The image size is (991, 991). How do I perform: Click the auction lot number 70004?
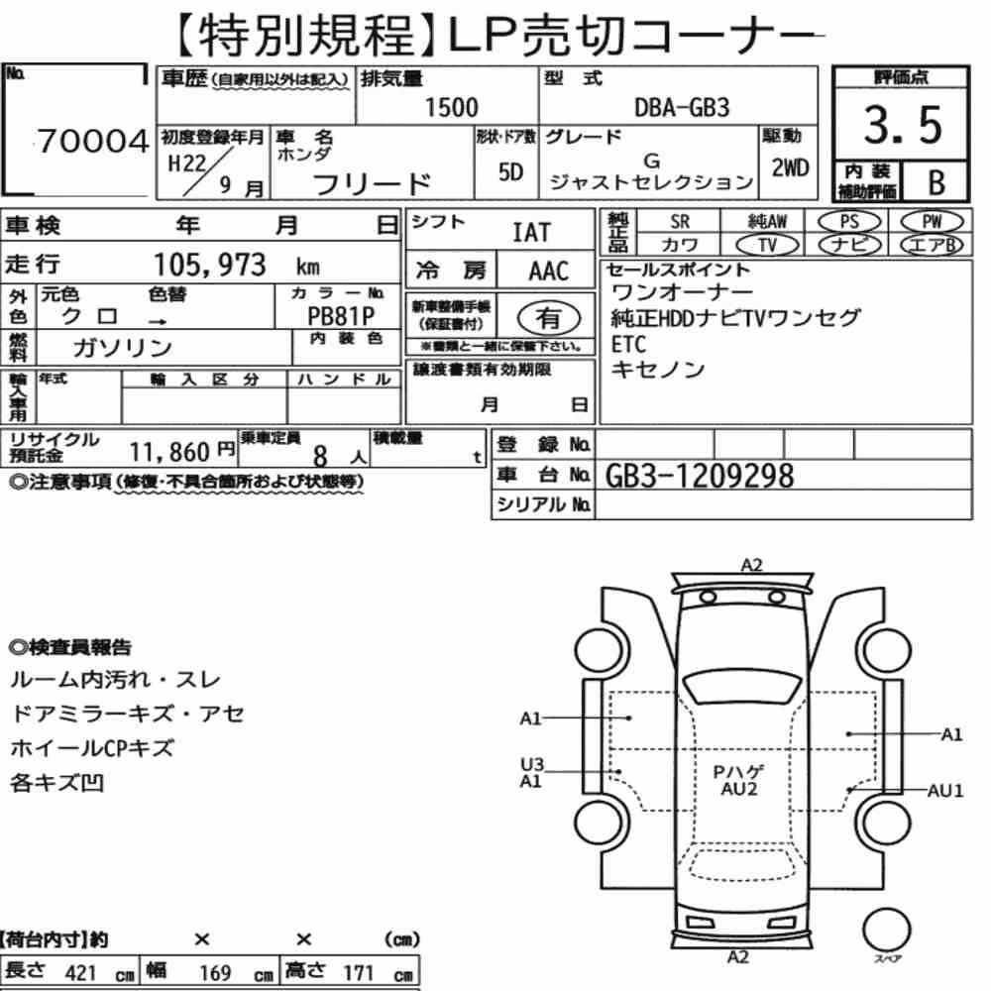[93, 141]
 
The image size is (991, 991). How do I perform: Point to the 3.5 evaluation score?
[903, 125]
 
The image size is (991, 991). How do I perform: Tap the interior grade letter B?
[936, 182]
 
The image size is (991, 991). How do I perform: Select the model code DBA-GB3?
[682, 107]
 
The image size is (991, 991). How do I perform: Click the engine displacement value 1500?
[451, 107]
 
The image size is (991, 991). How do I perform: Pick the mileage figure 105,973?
[210, 265]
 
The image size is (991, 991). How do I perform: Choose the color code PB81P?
[341, 316]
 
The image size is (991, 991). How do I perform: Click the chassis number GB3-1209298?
[699, 476]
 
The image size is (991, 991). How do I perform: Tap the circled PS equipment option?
[849, 222]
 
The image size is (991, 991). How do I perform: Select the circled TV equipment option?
[767, 245]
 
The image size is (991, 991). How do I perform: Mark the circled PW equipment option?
[932, 222]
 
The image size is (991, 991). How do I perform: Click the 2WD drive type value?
[790, 168]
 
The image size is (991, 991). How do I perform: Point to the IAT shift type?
[531, 233]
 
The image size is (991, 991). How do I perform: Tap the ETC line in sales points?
[628, 345]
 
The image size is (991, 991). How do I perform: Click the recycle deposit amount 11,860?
[169, 452]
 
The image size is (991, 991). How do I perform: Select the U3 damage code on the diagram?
[531, 765]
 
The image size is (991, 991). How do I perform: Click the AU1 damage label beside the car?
[944, 791]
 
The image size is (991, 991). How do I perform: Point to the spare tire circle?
[886, 931]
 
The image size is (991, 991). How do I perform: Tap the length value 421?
[81, 973]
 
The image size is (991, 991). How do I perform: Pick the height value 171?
[359, 973]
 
